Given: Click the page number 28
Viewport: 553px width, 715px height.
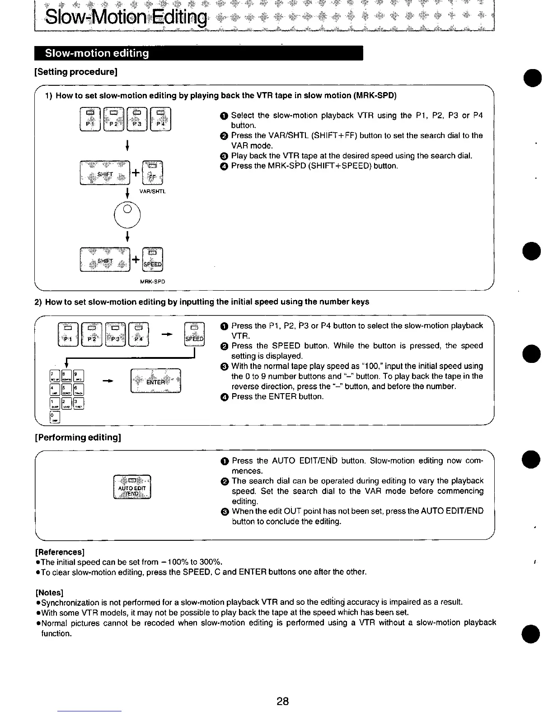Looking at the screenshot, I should pos(282,701).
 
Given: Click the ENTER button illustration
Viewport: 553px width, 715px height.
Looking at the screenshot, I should pos(155,381).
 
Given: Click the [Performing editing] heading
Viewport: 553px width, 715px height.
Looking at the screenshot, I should pos(78,437).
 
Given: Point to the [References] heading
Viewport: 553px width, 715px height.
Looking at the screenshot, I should pos(60,552).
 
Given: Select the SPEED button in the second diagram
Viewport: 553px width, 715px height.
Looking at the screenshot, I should pos(195,334).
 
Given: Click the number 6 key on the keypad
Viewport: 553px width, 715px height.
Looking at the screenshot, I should pos(78,389).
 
